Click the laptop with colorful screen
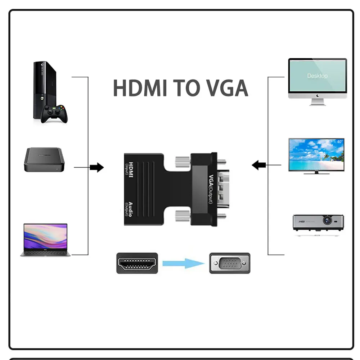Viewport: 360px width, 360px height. pos(45,240)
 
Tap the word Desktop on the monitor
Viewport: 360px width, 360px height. pos(317,76)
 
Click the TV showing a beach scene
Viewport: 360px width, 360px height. pos(316,155)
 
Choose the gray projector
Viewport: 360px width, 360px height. pos(318,224)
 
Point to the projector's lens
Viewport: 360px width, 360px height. pos(328,220)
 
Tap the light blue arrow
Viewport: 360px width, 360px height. pos(184,263)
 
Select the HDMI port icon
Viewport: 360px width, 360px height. pos(137,263)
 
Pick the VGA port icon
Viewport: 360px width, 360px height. pos(230,263)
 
